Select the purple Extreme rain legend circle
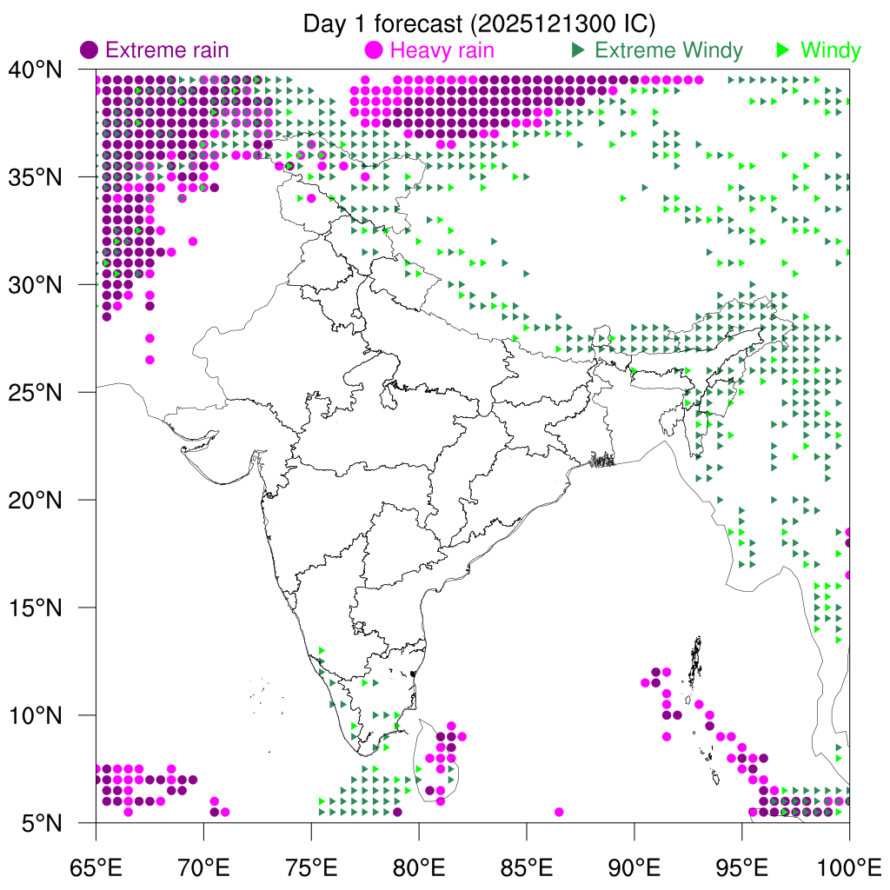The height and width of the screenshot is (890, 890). [89, 50]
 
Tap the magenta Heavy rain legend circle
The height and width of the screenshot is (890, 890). [375, 50]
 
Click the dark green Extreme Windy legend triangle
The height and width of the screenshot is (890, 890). [577, 50]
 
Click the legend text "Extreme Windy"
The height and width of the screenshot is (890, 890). [668, 50]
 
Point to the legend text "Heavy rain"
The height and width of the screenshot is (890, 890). [442, 50]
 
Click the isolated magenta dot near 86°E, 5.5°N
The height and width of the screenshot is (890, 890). [559, 812]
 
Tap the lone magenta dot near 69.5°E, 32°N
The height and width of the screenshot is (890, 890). [193, 242]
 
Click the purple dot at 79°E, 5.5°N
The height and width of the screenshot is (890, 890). [397, 812]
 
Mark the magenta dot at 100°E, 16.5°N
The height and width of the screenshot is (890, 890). [849, 575]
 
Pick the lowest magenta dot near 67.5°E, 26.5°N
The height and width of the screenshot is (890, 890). [149, 360]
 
